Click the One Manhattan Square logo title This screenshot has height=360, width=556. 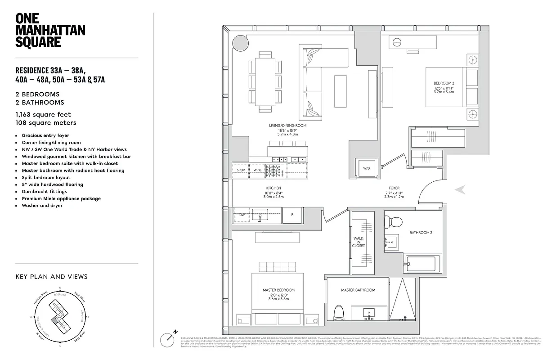pos(50,30)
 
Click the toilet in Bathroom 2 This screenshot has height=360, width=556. pos(395,222)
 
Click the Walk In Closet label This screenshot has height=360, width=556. pos(359,242)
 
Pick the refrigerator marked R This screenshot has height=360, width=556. pos(292,215)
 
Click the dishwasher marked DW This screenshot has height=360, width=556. pos(242,215)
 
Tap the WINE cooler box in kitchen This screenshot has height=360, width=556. pos(257,170)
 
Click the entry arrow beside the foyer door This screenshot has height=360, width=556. pos(460,190)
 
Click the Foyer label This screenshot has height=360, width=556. pos(394,188)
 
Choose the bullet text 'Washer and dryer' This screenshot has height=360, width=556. pos(42,206)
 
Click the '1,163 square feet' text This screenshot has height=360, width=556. pos(43,115)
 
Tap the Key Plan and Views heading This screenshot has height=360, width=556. pos(51,277)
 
